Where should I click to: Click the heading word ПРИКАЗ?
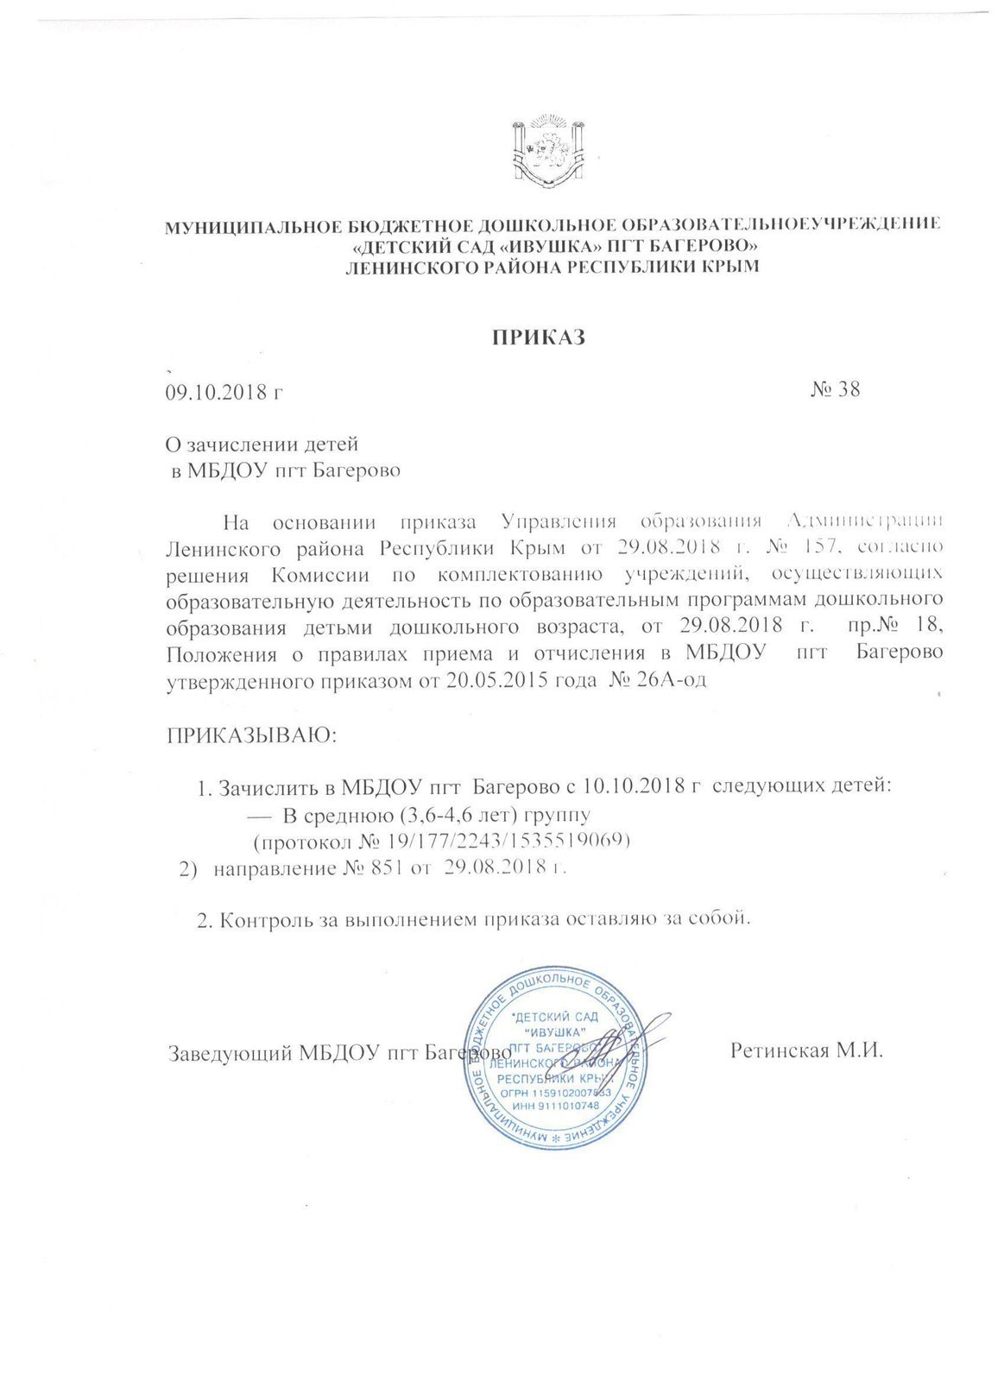[539, 337]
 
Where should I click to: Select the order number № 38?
[836, 388]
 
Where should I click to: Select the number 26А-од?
[675, 680]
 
